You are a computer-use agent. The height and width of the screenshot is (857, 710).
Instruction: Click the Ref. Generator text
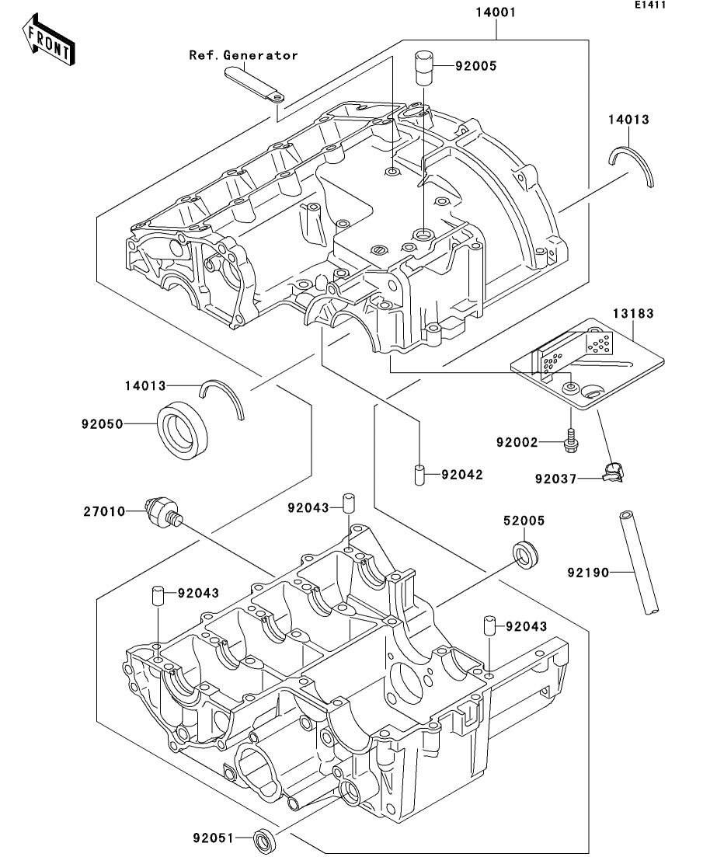coord(243,55)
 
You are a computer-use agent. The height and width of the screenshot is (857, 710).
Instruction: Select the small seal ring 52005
coord(526,553)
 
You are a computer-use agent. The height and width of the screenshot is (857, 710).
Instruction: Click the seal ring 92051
coord(266,839)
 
